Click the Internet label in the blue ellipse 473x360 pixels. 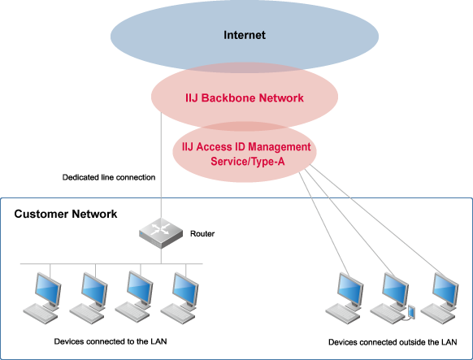245,35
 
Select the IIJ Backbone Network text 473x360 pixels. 245,98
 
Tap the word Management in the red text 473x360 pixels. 280,147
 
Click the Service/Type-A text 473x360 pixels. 247,161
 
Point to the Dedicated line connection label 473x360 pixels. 109,177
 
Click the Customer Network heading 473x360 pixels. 66,214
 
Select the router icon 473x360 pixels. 161,232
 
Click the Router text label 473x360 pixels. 202,234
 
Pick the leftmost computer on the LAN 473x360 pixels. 42,298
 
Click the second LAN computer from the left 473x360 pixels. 88,298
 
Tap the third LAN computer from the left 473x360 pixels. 133,297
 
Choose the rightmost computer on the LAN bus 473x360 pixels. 179,298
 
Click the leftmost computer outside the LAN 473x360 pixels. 345,298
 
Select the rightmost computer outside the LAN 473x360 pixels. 440,298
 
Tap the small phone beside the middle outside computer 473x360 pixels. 411,312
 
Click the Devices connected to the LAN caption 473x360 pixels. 111,341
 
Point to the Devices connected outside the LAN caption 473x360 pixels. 393,342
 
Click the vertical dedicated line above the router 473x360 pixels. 161,166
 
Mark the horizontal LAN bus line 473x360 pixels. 111,264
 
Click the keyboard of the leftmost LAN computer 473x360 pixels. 40,314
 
